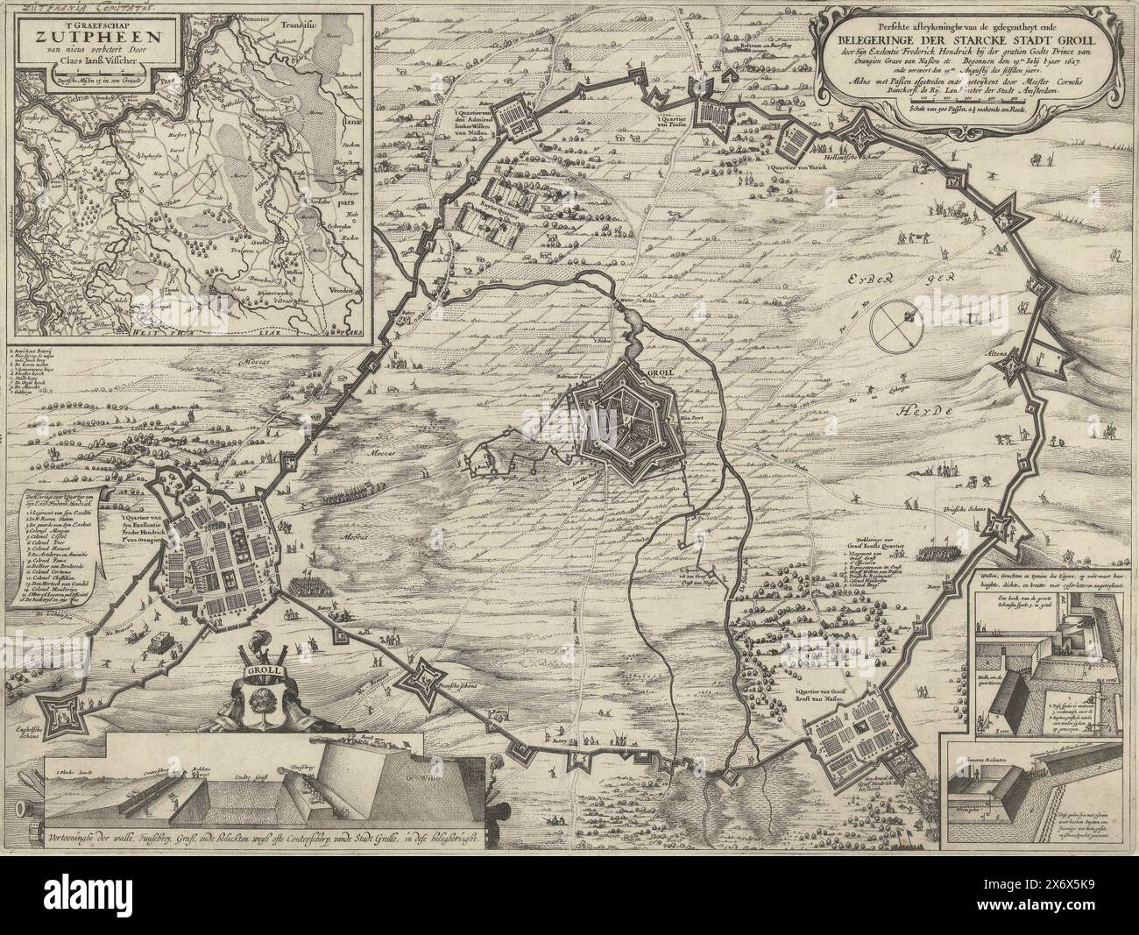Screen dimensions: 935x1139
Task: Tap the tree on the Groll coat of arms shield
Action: [x=260, y=704]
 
